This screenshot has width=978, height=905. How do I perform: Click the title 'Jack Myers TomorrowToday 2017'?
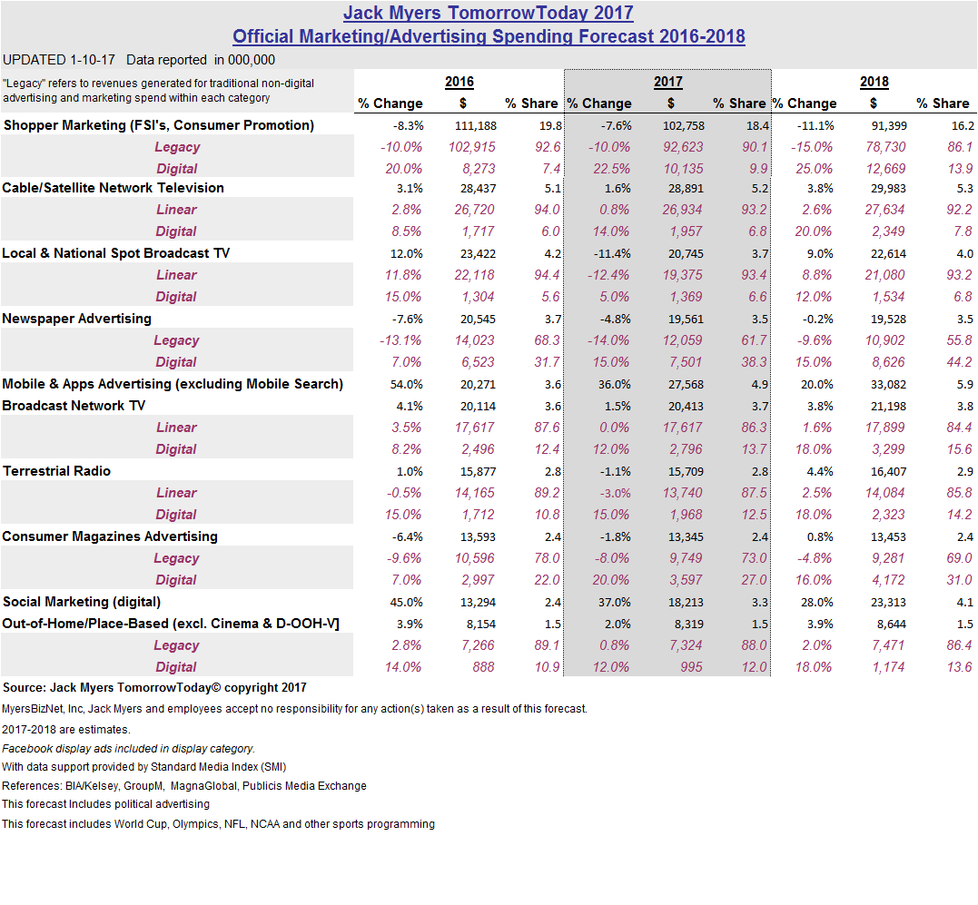tap(489, 14)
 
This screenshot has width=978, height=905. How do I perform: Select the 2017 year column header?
tap(667, 82)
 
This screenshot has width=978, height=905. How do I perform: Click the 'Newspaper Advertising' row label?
tap(76, 319)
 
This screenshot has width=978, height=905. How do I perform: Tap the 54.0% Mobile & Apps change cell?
tap(403, 384)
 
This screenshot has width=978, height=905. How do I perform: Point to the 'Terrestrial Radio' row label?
tap(57, 471)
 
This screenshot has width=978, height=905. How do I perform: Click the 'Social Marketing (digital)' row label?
tap(82, 602)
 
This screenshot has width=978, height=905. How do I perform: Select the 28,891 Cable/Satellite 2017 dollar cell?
tap(670, 188)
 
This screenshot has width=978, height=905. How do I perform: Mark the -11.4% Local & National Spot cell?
tap(610, 253)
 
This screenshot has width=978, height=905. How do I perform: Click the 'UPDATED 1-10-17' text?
tap(60, 60)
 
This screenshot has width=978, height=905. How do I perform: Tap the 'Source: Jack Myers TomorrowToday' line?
tap(154, 688)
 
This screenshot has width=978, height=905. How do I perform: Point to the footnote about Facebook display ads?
tap(128, 749)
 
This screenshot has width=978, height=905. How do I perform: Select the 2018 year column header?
tap(874, 82)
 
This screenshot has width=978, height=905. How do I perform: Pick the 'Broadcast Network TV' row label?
tap(74, 406)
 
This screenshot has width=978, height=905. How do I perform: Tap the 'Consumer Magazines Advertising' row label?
tap(110, 536)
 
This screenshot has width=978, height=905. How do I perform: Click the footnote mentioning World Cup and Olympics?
tap(218, 824)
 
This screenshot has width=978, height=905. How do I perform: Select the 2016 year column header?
tap(459, 82)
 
